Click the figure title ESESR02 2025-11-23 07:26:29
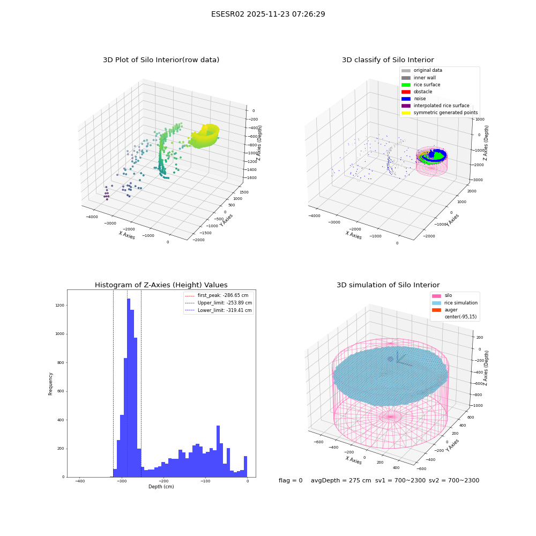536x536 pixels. (x=268, y=14)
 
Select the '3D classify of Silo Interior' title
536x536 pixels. (x=388, y=60)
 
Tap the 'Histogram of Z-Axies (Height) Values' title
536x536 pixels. (x=161, y=285)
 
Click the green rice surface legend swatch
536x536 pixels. (x=406, y=85)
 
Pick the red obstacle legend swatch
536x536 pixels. (x=406, y=92)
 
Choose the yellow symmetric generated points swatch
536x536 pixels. (x=406, y=113)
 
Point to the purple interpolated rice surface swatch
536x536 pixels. (x=406, y=106)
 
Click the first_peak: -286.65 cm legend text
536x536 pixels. (x=223, y=295)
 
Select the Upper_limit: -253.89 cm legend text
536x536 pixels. (x=225, y=303)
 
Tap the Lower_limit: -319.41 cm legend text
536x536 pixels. (x=225, y=310)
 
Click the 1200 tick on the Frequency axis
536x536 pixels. (x=60, y=306)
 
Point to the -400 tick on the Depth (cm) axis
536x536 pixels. (x=80, y=481)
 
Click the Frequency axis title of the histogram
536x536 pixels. (x=50, y=384)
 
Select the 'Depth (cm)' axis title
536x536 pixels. (x=161, y=487)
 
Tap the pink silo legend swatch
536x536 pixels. (x=436, y=296)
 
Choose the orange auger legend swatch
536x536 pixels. (x=436, y=310)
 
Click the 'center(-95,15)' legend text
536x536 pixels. (x=460, y=317)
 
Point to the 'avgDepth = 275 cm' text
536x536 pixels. (x=341, y=480)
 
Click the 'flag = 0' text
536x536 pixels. (x=291, y=480)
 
